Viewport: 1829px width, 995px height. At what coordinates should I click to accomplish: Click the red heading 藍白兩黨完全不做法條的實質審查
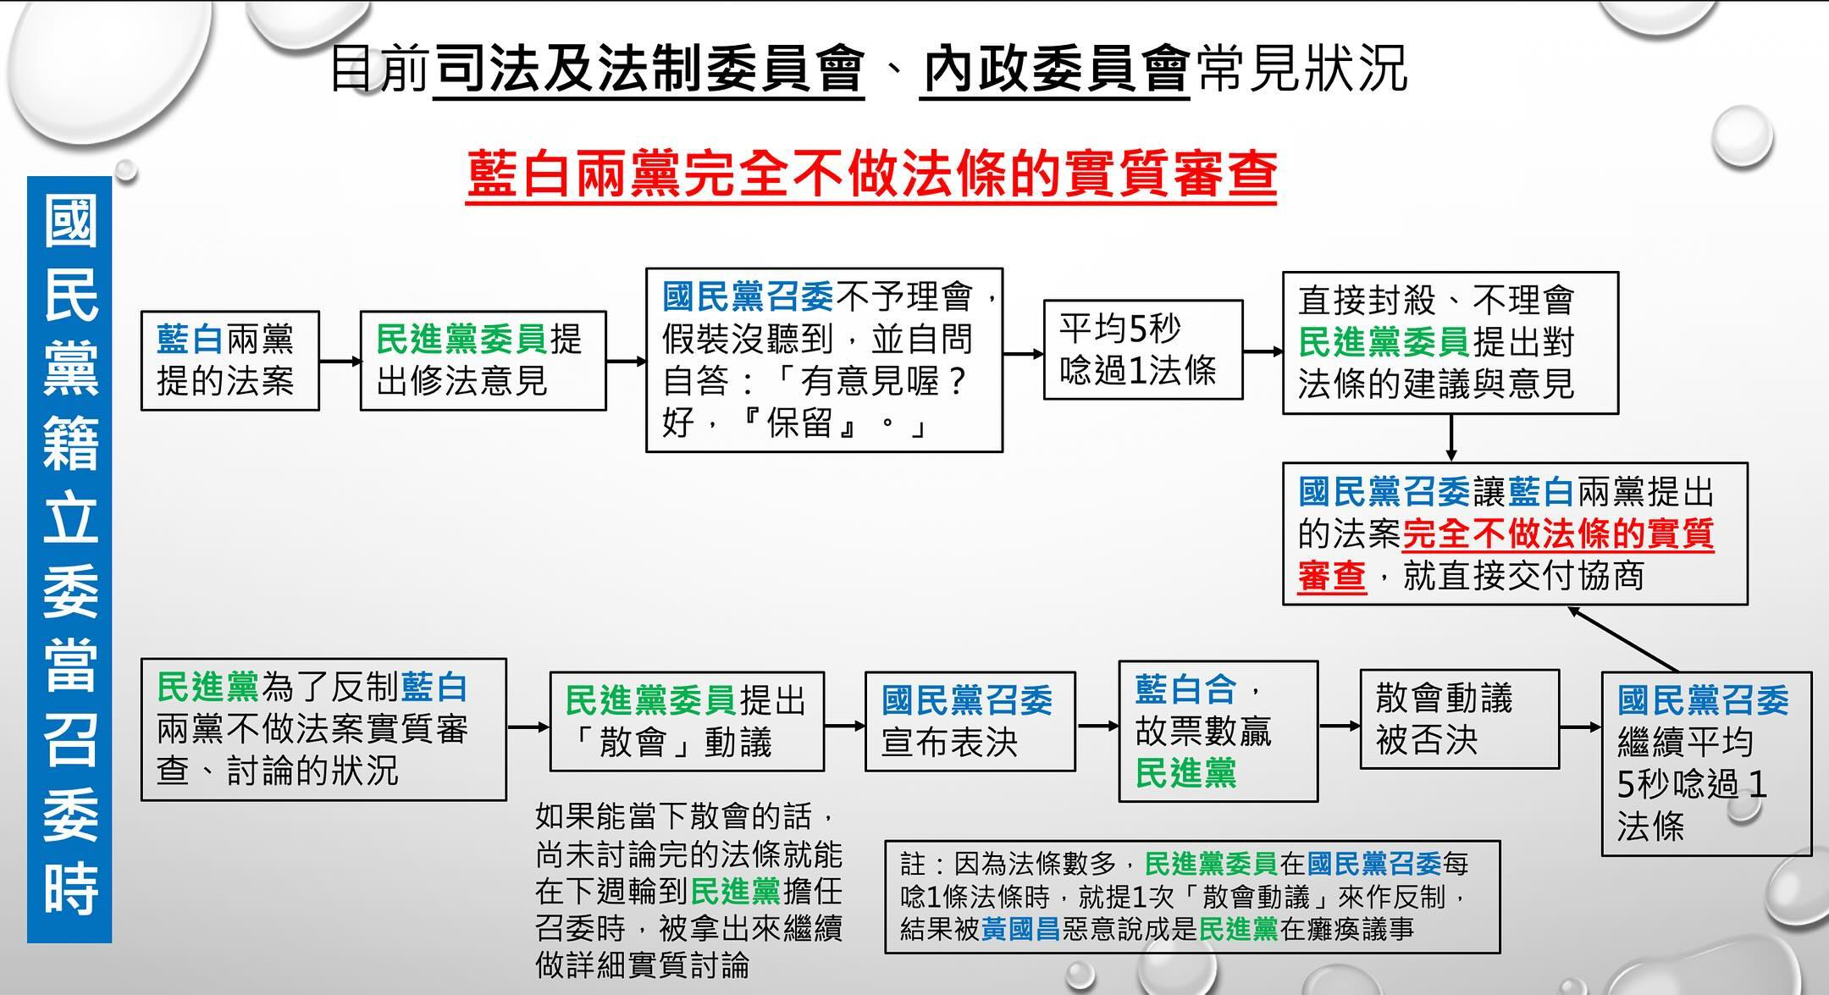pos(871,175)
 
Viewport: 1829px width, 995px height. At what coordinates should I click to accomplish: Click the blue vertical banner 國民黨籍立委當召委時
pos(69,559)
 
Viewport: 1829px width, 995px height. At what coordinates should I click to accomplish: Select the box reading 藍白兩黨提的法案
pos(230,361)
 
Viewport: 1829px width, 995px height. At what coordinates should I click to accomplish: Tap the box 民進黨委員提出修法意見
pos(483,361)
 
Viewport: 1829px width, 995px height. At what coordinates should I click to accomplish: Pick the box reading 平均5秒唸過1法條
pos(1143,349)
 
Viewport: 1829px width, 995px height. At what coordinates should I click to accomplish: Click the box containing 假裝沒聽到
pos(824,361)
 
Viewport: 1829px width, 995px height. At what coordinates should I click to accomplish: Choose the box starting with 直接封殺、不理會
pos(1450,343)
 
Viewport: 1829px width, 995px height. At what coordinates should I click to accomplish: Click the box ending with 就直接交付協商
pos(1515,533)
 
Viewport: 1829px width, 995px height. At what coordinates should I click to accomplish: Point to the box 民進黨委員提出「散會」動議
pos(687,721)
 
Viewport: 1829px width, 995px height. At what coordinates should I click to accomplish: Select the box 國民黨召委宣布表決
pos(970,721)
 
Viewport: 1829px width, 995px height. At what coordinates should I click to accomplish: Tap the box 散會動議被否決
pos(1460,719)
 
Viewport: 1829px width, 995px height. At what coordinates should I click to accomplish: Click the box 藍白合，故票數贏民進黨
pos(1218,731)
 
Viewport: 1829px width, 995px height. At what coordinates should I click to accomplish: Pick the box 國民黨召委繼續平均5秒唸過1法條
pos(1706,764)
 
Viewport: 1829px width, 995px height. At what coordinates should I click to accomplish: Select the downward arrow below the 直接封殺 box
pos(1451,438)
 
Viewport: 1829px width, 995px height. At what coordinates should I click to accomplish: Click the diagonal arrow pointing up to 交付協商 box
pos(1622,638)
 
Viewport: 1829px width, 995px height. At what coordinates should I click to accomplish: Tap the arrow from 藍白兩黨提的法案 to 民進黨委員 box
pos(340,362)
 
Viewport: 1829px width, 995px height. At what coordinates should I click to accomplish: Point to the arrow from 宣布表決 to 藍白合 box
pos(1097,726)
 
